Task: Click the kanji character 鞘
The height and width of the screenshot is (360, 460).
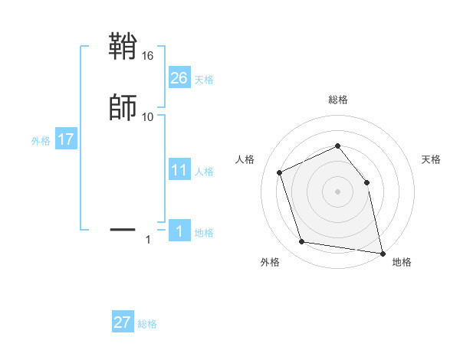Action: coord(123,47)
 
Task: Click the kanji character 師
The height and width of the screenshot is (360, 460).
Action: coord(123,107)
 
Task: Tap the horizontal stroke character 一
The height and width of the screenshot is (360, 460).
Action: coord(123,228)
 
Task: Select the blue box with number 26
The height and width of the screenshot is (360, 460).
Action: coord(179,78)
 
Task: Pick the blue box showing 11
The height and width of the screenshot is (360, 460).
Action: coord(179,171)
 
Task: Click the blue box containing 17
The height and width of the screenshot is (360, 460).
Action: coord(66,140)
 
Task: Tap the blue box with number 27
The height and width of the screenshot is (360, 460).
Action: coord(123,322)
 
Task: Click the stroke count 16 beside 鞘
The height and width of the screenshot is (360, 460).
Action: coord(148,56)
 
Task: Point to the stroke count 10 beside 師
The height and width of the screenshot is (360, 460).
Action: coord(148,116)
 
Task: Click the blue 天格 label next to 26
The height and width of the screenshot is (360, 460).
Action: coord(204,79)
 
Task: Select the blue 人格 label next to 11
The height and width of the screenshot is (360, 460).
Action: coord(205,172)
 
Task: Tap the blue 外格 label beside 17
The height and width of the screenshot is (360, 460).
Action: coord(41,141)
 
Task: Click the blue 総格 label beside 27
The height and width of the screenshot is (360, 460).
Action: coord(147,324)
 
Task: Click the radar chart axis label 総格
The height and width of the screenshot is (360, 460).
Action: coord(337,100)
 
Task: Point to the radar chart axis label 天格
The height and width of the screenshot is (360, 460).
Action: coord(431,159)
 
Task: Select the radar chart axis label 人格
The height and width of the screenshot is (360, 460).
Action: coord(245,159)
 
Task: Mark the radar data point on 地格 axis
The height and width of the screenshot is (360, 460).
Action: coord(382,252)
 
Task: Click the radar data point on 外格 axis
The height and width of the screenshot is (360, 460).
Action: coord(301,242)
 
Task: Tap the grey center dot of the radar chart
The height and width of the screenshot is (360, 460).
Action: coord(337,191)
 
